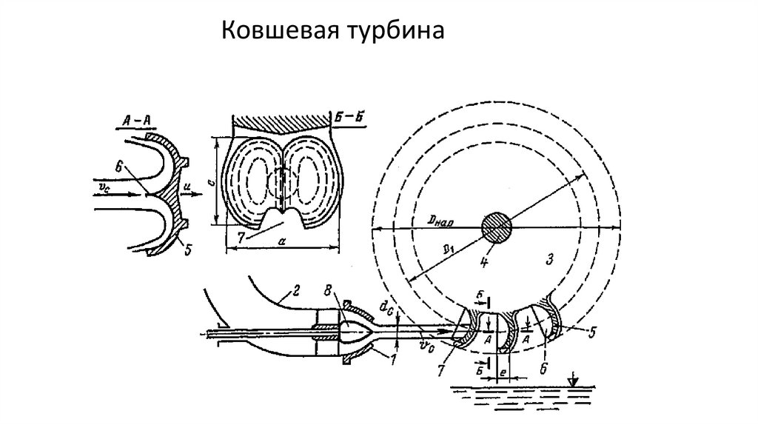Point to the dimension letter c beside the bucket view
point(209,179)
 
